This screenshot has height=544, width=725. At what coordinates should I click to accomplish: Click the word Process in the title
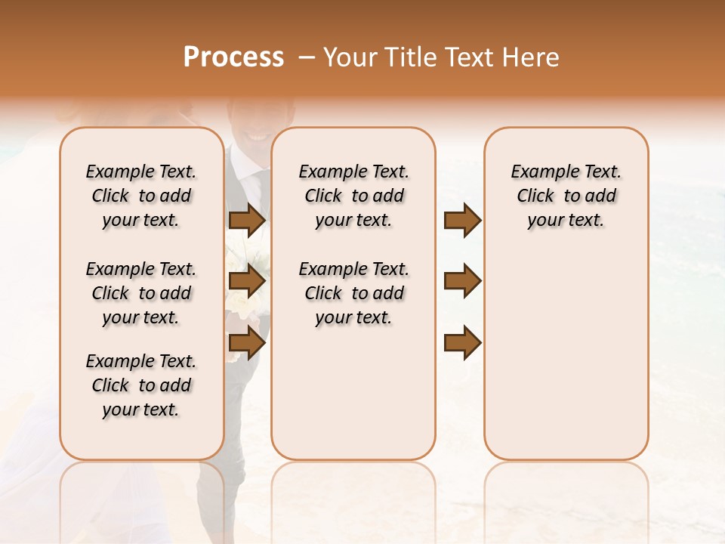(x=233, y=57)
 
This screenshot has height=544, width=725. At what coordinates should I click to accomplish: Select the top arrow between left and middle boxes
(x=247, y=220)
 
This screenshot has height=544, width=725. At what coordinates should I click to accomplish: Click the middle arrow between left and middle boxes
(x=247, y=281)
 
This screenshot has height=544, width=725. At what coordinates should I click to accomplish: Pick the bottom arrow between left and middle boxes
(x=247, y=342)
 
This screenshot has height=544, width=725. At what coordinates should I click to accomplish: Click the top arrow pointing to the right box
(x=462, y=220)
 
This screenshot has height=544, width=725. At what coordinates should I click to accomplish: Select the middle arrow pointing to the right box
(x=462, y=281)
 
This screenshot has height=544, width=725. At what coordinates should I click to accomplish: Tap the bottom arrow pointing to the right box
(x=462, y=342)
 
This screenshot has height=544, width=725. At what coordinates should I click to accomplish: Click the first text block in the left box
(x=141, y=196)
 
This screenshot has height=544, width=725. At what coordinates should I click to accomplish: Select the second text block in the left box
(x=141, y=293)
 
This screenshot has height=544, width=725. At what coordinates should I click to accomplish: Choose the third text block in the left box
(x=141, y=385)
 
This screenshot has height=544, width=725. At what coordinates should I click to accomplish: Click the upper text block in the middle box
(x=353, y=196)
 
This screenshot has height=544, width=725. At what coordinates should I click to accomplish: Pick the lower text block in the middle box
(x=353, y=293)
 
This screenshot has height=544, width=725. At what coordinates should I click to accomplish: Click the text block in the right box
(x=566, y=196)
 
